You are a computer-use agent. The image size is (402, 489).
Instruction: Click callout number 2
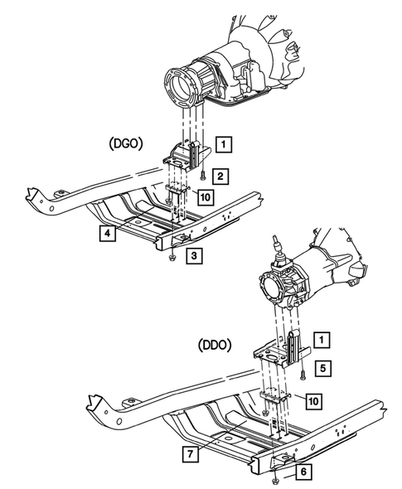tap(220, 176)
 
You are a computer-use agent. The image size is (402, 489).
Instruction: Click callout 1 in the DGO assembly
tap(224, 144)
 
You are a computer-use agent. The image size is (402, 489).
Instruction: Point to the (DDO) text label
tap(215, 341)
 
